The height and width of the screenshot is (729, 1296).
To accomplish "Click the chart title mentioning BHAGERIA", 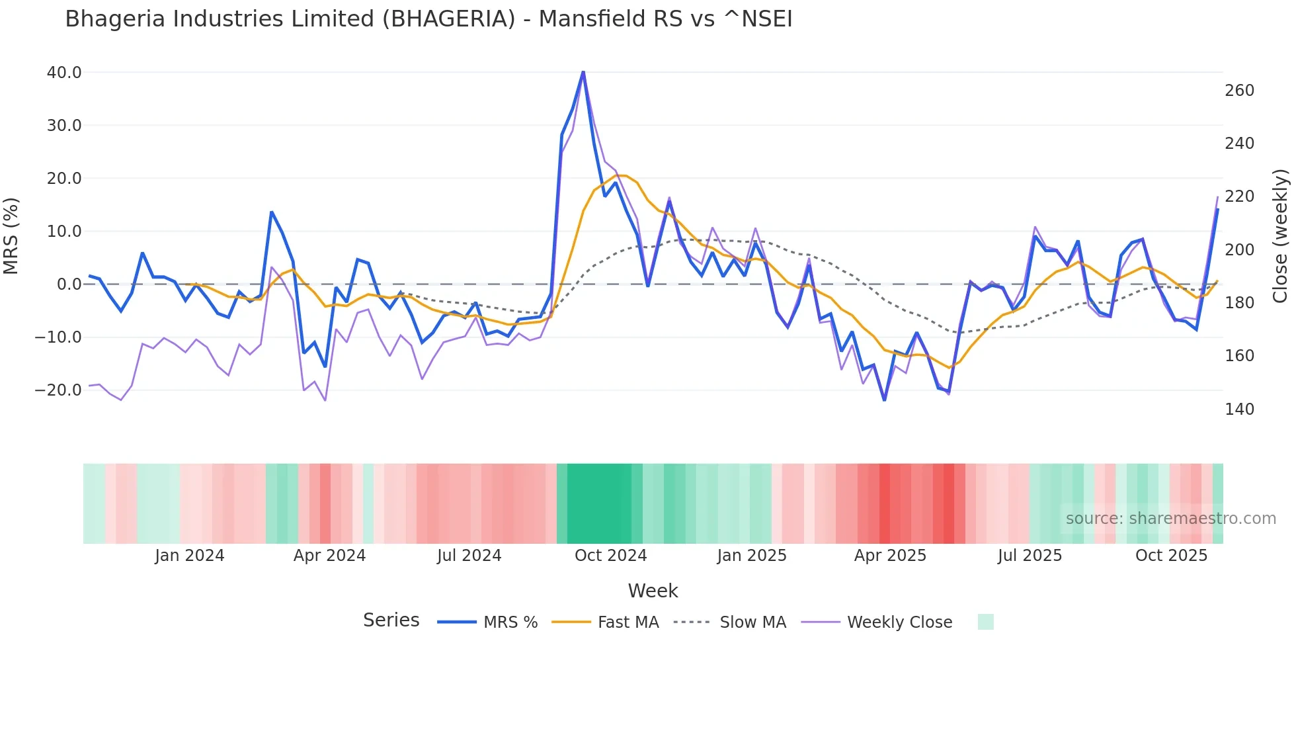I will (428, 19).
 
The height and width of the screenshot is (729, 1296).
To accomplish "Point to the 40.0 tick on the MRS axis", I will (64, 73).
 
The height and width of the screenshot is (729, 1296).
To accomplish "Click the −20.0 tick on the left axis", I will (58, 390).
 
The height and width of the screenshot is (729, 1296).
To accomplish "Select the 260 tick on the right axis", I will (1239, 91).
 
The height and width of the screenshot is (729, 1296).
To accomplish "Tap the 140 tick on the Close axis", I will (1239, 409).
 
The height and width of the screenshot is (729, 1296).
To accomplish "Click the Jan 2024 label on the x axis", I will (190, 556).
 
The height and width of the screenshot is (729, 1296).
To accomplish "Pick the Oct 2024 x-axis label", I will (610, 556).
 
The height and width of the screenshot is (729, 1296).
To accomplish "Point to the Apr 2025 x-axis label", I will (890, 556).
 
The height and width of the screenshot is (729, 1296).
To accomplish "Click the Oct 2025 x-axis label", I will (1171, 556).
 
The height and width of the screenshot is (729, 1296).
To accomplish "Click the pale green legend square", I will (985, 622).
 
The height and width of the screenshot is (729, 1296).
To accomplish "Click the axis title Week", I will (653, 591).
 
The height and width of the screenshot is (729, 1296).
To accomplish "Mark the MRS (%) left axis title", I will (11, 236).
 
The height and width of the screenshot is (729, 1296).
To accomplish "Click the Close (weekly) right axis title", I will (1280, 236).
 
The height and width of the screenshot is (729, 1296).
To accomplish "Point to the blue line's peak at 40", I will (583, 72).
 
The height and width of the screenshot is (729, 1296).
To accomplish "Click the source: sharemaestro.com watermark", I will (1170, 519).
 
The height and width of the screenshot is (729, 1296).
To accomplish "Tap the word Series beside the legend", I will (391, 621).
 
